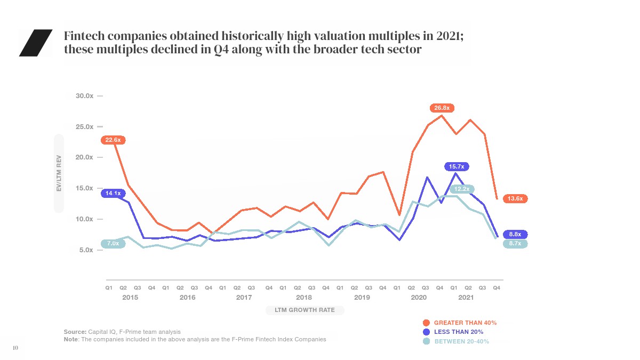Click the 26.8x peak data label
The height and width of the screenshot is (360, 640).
pyautogui.click(x=442, y=108)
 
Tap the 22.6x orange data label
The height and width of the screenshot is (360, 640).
pyautogui.click(x=113, y=140)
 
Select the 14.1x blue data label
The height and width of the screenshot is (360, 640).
pyautogui.click(x=113, y=193)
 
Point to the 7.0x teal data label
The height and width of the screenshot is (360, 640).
pyautogui.click(x=113, y=244)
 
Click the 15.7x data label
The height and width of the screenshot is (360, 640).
pyautogui.click(x=457, y=167)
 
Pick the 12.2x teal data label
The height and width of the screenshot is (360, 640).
pyautogui.click(x=462, y=189)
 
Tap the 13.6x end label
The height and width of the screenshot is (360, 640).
pyautogui.click(x=515, y=198)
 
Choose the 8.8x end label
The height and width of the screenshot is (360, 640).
pyautogui.click(x=515, y=234)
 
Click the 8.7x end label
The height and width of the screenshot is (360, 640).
pyautogui.click(x=515, y=243)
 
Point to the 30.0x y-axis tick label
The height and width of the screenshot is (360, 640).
pyautogui.click(x=84, y=96)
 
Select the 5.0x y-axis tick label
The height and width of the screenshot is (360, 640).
pyautogui.click(x=86, y=250)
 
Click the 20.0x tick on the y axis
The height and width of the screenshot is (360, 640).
pyautogui.click(x=84, y=157)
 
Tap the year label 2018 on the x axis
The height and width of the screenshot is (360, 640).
pyautogui.click(x=304, y=298)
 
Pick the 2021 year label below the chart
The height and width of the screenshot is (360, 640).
pyautogui.click(x=466, y=298)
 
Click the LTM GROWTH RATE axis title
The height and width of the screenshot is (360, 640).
pyautogui.click(x=305, y=310)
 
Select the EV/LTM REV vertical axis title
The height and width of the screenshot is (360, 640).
pyautogui.click(x=59, y=173)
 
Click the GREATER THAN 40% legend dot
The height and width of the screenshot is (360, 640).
pyautogui.click(x=426, y=323)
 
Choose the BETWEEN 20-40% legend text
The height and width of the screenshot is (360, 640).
pyautogui.click(x=461, y=341)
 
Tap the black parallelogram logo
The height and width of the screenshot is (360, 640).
pyautogui.click(x=36, y=43)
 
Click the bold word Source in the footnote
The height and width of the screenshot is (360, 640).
pyautogui.click(x=75, y=332)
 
